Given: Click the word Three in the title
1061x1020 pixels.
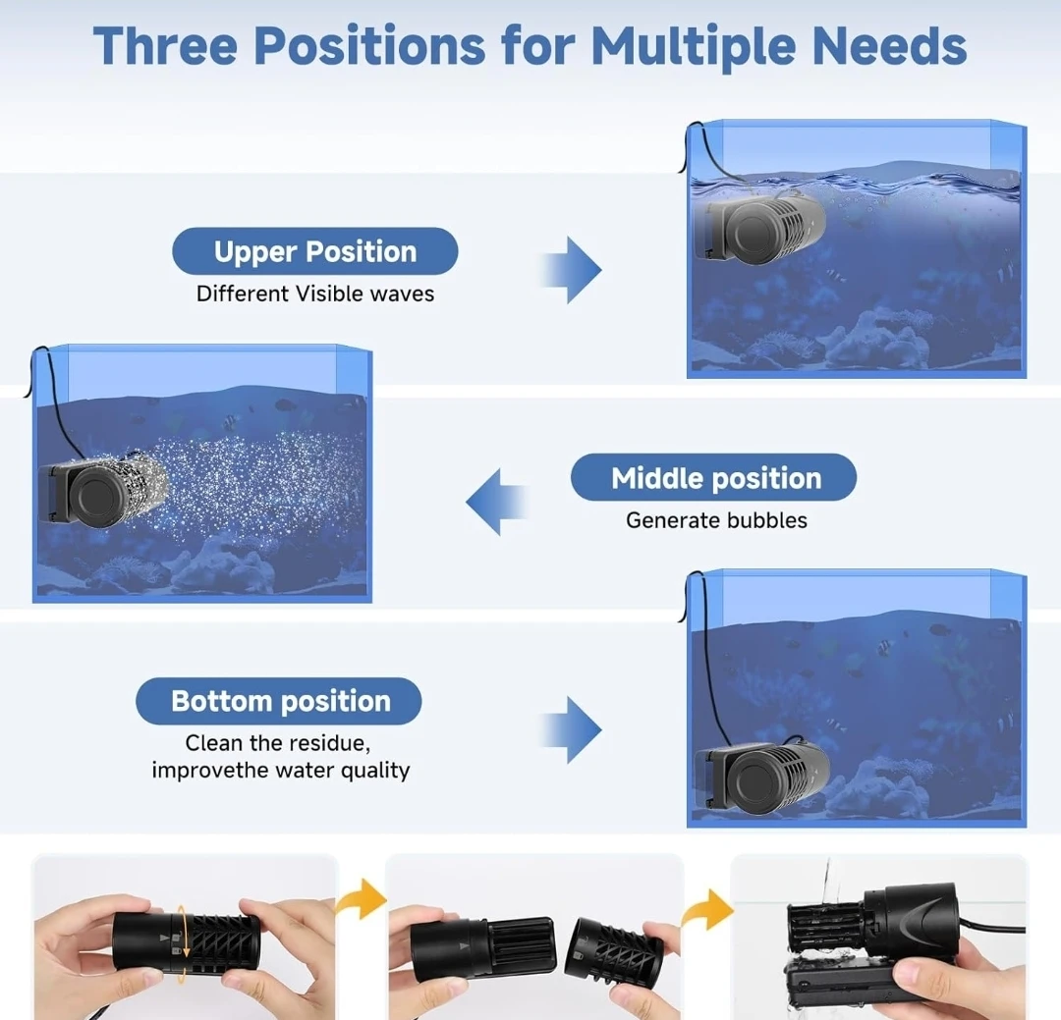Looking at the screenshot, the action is click(165, 46).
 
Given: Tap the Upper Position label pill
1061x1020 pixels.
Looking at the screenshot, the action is click(315, 251).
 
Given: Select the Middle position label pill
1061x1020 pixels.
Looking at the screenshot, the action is click(714, 477).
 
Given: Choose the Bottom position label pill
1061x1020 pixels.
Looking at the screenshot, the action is click(279, 701).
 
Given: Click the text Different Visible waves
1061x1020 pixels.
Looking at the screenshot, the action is click(315, 294).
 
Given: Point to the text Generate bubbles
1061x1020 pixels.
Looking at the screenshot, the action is click(716, 520).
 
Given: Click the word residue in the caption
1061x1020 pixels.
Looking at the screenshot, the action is click(332, 743).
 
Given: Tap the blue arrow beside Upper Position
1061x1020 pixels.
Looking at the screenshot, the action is click(571, 270).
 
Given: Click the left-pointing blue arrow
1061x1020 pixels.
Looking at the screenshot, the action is click(497, 502).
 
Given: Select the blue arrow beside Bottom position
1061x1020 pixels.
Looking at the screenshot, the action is click(571, 729).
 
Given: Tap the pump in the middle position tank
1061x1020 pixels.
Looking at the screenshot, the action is click(101, 489).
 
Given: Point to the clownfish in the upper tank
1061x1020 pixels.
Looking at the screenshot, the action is click(836, 275).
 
